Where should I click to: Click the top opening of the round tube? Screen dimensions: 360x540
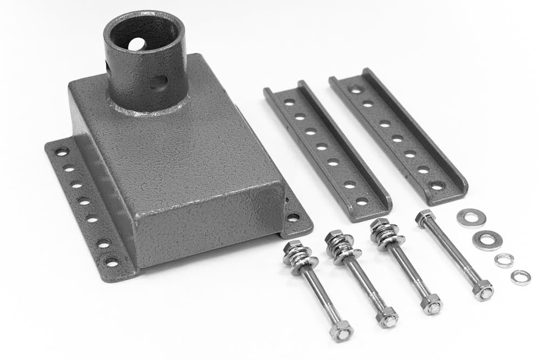[143, 33]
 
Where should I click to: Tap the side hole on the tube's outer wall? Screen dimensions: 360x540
[158, 83]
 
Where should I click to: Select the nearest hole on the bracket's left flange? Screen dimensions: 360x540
[112, 262]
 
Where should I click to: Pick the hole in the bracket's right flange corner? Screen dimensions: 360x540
[293, 218]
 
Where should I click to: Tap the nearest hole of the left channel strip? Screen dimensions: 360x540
[362, 201]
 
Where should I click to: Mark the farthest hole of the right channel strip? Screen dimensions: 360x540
[356, 90]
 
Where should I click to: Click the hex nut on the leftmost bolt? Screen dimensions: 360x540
[341, 331]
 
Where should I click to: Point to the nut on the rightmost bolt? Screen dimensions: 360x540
[483, 289]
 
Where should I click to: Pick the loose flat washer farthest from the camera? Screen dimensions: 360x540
[471, 218]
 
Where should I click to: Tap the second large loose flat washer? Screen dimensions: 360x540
[487, 240]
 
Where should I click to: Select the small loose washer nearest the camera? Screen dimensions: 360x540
[521, 277]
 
